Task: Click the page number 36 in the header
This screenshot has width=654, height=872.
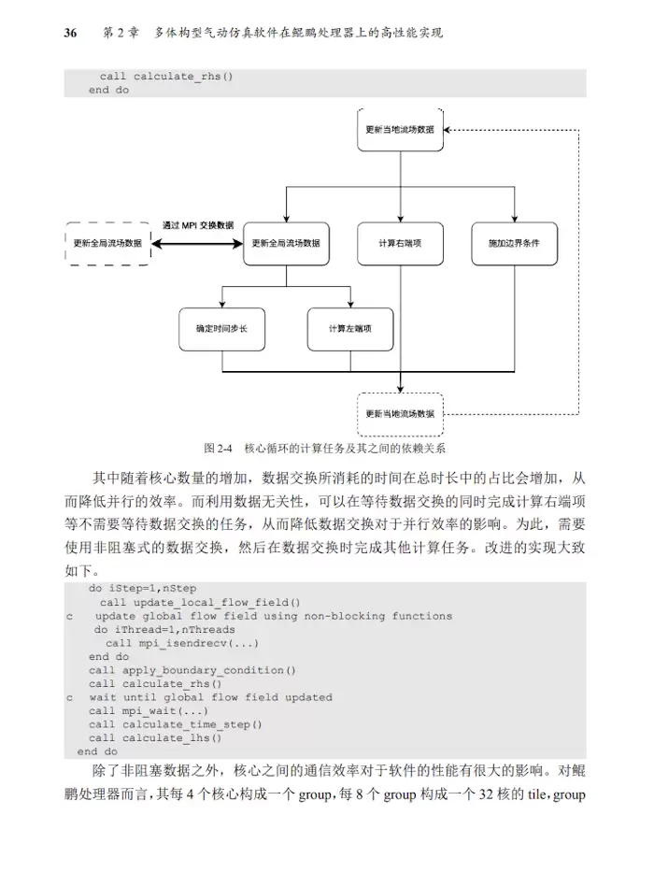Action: tap(70, 33)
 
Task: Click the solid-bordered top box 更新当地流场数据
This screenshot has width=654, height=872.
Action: tap(400, 130)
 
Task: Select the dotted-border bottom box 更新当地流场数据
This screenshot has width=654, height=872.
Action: tap(400, 413)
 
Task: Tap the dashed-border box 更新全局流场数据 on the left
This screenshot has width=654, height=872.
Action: tap(107, 243)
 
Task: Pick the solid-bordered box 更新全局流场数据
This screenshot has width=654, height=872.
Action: tap(286, 243)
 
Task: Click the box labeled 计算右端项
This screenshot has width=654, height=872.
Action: tap(400, 243)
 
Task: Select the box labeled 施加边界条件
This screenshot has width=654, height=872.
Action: tap(513, 243)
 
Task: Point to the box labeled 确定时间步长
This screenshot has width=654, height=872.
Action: tap(221, 329)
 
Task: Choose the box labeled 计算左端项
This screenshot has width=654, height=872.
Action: tap(350, 329)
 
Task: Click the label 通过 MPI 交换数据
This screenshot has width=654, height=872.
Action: tap(198, 225)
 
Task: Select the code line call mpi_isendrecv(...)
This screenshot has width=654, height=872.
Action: tap(182, 643)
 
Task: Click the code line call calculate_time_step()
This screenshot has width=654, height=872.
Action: tap(176, 724)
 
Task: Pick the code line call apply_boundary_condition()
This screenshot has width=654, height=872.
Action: tap(192, 670)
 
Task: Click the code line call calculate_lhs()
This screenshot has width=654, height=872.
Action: tap(156, 737)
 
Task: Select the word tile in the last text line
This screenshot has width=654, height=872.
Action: tap(540, 796)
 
